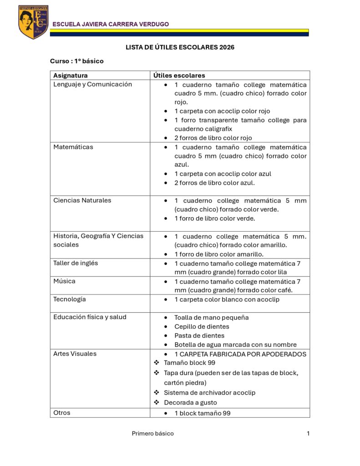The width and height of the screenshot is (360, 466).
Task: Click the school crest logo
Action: (x=33, y=22)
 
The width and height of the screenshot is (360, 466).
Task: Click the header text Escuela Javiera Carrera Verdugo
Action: (x=111, y=24)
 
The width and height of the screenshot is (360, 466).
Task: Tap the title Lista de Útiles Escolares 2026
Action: (x=180, y=47)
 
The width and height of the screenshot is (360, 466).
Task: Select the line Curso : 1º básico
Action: (x=77, y=61)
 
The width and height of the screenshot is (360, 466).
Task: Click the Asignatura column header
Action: (x=71, y=76)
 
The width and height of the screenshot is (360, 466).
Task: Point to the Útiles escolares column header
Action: (x=179, y=76)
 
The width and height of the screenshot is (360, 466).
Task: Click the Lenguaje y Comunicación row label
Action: (x=92, y=84)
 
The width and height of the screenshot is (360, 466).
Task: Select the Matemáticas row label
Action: (x=72, y=147)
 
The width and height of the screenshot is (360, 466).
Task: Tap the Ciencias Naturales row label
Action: (x=82, y=200)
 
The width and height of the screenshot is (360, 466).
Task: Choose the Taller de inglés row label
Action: (x=76, y=263)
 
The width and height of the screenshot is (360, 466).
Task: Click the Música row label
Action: (x=65, y=281)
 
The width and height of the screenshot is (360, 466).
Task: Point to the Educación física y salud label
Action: (x=90, y=317)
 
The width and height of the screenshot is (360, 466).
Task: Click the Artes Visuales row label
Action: (x=75, y=354)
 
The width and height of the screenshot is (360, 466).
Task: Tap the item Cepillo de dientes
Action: (x=202, y=327)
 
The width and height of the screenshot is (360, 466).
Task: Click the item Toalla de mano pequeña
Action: (x=211, y=318)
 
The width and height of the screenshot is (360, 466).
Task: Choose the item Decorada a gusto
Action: (x=190, y=403)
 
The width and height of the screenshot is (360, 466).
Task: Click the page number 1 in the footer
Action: (x=308, y=434)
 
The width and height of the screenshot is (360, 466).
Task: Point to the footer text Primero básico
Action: (x=152, y=434)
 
